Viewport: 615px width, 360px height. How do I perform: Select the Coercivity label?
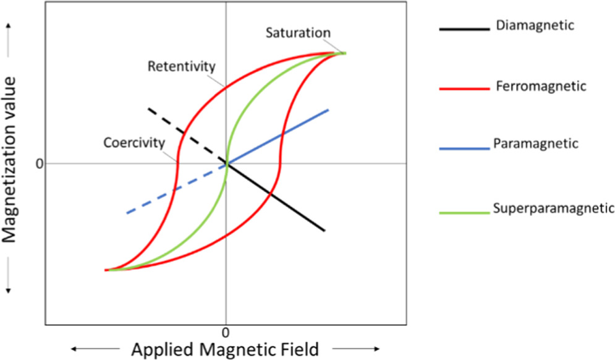(x=134, y=143)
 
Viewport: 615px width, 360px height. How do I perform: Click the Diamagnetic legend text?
(x=535, y=26)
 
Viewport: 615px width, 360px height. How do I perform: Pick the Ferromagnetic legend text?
(x=540, y=86)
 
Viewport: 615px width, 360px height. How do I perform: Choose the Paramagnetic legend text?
(x=536, y=144)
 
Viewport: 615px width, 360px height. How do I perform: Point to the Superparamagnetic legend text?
(x=554, y=208)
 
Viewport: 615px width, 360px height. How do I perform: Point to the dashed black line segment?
(x=179, y=131)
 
